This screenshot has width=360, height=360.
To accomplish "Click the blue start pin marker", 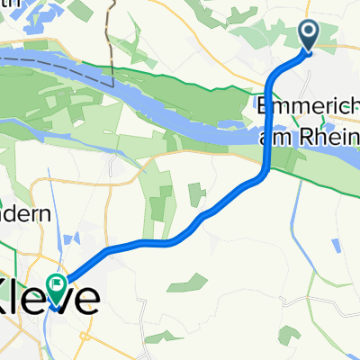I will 308,35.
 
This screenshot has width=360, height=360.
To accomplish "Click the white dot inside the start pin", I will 308,32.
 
